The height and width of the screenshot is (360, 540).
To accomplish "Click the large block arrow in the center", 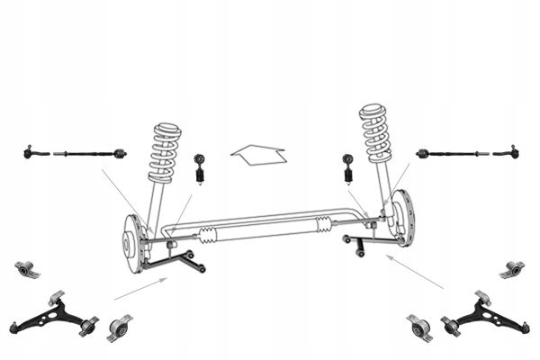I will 258,154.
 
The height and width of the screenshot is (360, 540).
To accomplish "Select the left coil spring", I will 165,152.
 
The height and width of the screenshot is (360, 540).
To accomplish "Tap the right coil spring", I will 375,134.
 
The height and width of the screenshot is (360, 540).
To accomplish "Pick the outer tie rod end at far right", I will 508,152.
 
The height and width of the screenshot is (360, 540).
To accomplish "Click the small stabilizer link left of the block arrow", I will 200,168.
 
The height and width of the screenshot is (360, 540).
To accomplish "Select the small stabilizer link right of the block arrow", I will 347,167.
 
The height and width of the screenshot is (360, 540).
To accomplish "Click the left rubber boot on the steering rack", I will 208,236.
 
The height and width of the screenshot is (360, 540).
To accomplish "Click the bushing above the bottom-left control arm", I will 28,268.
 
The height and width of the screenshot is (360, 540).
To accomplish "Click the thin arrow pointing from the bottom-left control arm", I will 140,289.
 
